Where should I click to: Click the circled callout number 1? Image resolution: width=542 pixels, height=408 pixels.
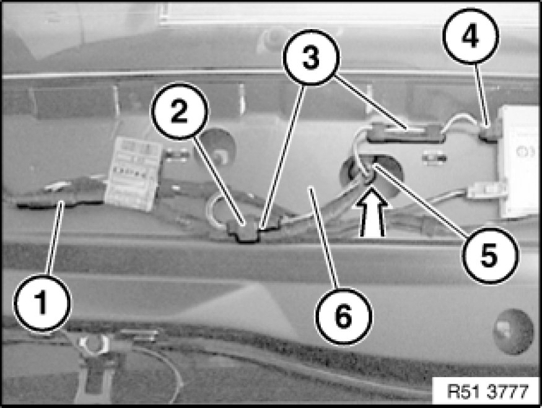click(42, 303)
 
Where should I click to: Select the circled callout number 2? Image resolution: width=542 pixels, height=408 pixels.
click(180, 111)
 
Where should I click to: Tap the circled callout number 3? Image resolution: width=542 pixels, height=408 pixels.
click(311, 58)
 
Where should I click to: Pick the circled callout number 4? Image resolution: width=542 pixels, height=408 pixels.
click(470, 36)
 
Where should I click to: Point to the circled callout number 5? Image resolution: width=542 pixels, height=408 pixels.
click(490, 256)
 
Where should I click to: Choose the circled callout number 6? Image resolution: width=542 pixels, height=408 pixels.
click(344, 316)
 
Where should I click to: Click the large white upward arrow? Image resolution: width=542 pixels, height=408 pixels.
click(372, 211)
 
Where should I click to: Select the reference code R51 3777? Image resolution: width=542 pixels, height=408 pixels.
click(487, 391)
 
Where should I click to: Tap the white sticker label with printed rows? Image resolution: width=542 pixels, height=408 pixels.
click(134, 173)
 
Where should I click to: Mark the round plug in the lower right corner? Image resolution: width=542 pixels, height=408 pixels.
click(514, 332)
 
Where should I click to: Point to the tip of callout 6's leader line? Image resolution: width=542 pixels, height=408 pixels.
click(312, 188)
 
